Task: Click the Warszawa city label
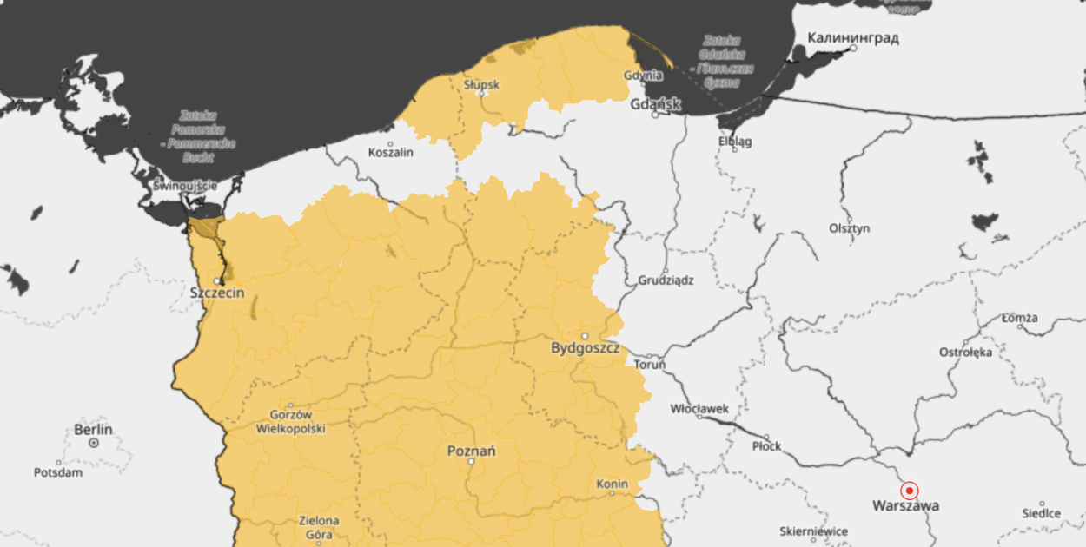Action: [905, 505]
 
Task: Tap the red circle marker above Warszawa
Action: [909, 490]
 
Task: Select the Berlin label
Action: [93, 429]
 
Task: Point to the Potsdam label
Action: [58, 472]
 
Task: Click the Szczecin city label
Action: [217, 293]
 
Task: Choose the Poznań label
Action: [471, 451]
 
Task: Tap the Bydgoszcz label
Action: [586, 348]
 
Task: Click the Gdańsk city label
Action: [656, 104]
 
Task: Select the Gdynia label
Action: [643, 76]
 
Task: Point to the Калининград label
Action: [853, 38]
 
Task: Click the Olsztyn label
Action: [849, 228]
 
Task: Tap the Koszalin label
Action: [391, 152]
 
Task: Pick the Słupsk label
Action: [481, 84]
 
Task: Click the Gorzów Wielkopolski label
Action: [290, 422]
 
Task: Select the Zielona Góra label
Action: [319, 527]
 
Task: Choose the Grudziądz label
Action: [666, 280]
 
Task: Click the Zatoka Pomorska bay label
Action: [198, 136]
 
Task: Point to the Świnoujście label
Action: [184, 186]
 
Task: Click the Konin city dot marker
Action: [612, 493]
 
